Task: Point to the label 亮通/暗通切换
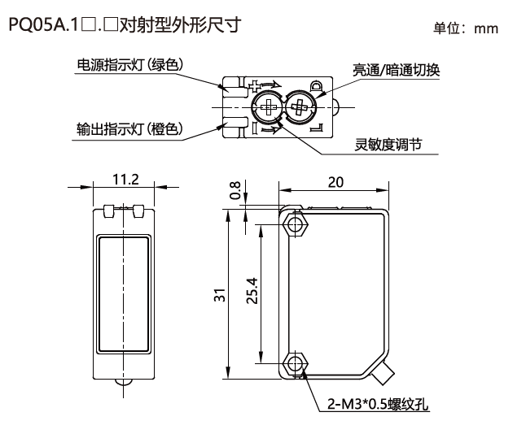[396, 70]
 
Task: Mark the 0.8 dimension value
[235, 190]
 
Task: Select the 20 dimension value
[335, 183]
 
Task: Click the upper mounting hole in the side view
[294, 223]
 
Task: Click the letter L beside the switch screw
[316, 128]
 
